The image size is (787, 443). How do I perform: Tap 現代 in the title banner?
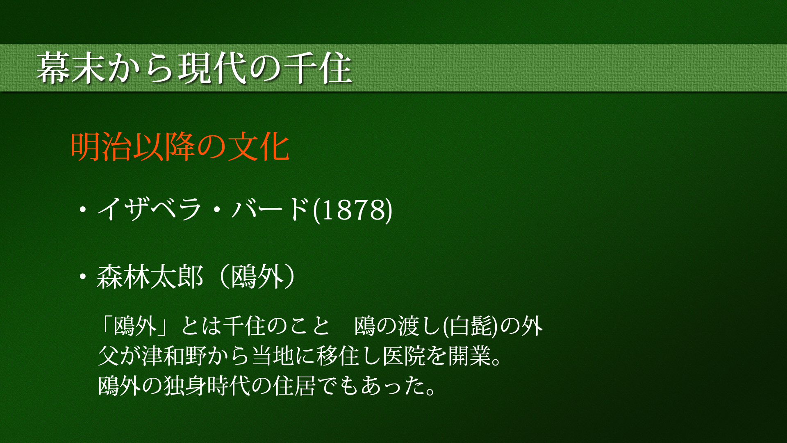point(212,68)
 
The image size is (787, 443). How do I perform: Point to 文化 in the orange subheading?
point(259,147)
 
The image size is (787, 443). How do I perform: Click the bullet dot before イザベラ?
point(83,210)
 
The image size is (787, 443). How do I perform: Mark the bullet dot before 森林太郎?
point(83,277)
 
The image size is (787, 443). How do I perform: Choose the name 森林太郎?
point(150,277)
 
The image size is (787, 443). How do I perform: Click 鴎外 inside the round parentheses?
point(257,277)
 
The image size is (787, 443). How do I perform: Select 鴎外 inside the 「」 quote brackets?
point(135,327)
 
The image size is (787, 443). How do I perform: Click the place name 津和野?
point(174,356)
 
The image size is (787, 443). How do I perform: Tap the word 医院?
point(405,356)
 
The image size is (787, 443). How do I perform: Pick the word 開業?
point(470,356)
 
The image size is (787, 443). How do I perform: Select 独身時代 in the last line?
point(207,386)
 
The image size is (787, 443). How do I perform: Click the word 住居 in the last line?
point(295,386)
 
